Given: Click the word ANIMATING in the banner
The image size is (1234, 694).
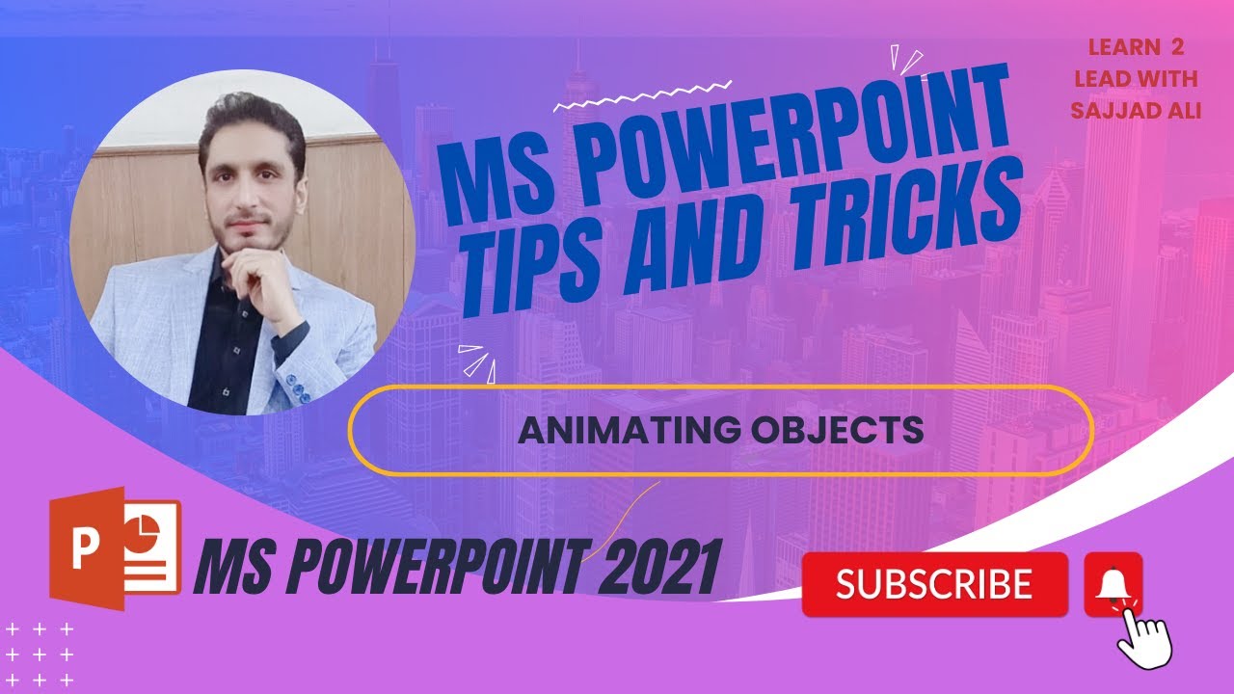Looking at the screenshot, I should (624, 430).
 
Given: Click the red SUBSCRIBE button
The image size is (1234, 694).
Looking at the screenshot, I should (934, 584).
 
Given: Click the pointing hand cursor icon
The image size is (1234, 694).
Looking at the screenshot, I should (1144, 636).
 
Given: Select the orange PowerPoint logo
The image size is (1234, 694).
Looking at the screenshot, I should (114, 548).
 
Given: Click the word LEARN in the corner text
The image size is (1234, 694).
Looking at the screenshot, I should (1112, 47).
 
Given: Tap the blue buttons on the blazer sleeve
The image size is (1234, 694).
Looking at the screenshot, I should (304, 391).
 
